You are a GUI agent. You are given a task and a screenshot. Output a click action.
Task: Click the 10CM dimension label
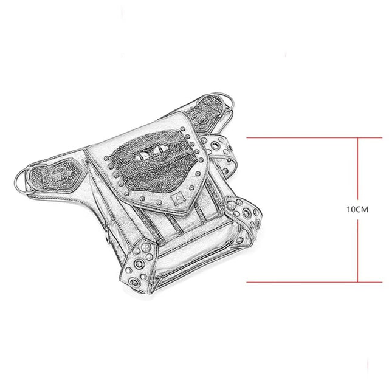[357, 210]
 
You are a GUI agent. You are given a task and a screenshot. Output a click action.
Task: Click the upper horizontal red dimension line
[314, 138]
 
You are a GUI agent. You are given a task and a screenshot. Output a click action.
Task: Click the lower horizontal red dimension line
[314, 282]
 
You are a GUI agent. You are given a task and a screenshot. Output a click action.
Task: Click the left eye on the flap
[142, 156]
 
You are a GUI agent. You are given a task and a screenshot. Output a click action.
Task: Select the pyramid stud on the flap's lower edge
[177, 199]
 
